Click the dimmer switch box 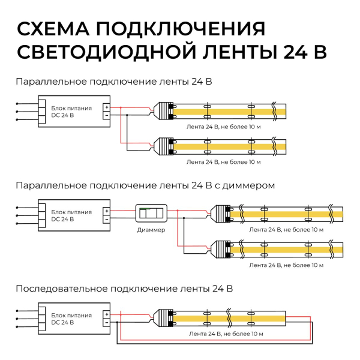click(150, 214)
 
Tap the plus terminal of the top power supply click(106, 107)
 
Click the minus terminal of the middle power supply click(106, 219)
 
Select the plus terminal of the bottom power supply click(106, 314)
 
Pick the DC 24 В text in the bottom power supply click(63, 323)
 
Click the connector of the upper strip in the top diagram click(164, 112)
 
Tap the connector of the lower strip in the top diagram click(164, 146)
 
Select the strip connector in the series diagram click(164, 317)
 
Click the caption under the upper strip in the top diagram click(223, 128)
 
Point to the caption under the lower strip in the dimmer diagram click(286, 265)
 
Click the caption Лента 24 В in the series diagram click(226, 333)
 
